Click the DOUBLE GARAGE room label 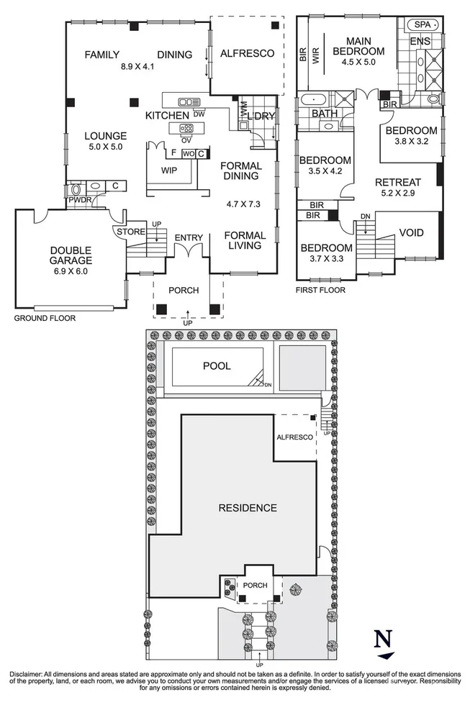[71, 256]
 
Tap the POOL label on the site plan [216, 366]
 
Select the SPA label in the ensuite [420, 24]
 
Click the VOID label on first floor [411, 233]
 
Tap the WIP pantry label [169, 170]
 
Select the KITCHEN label [167, 115]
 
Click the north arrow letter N [386, 638]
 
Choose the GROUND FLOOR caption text [45, 317]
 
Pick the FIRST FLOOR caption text [320, 291]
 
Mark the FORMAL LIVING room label [244, 241]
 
